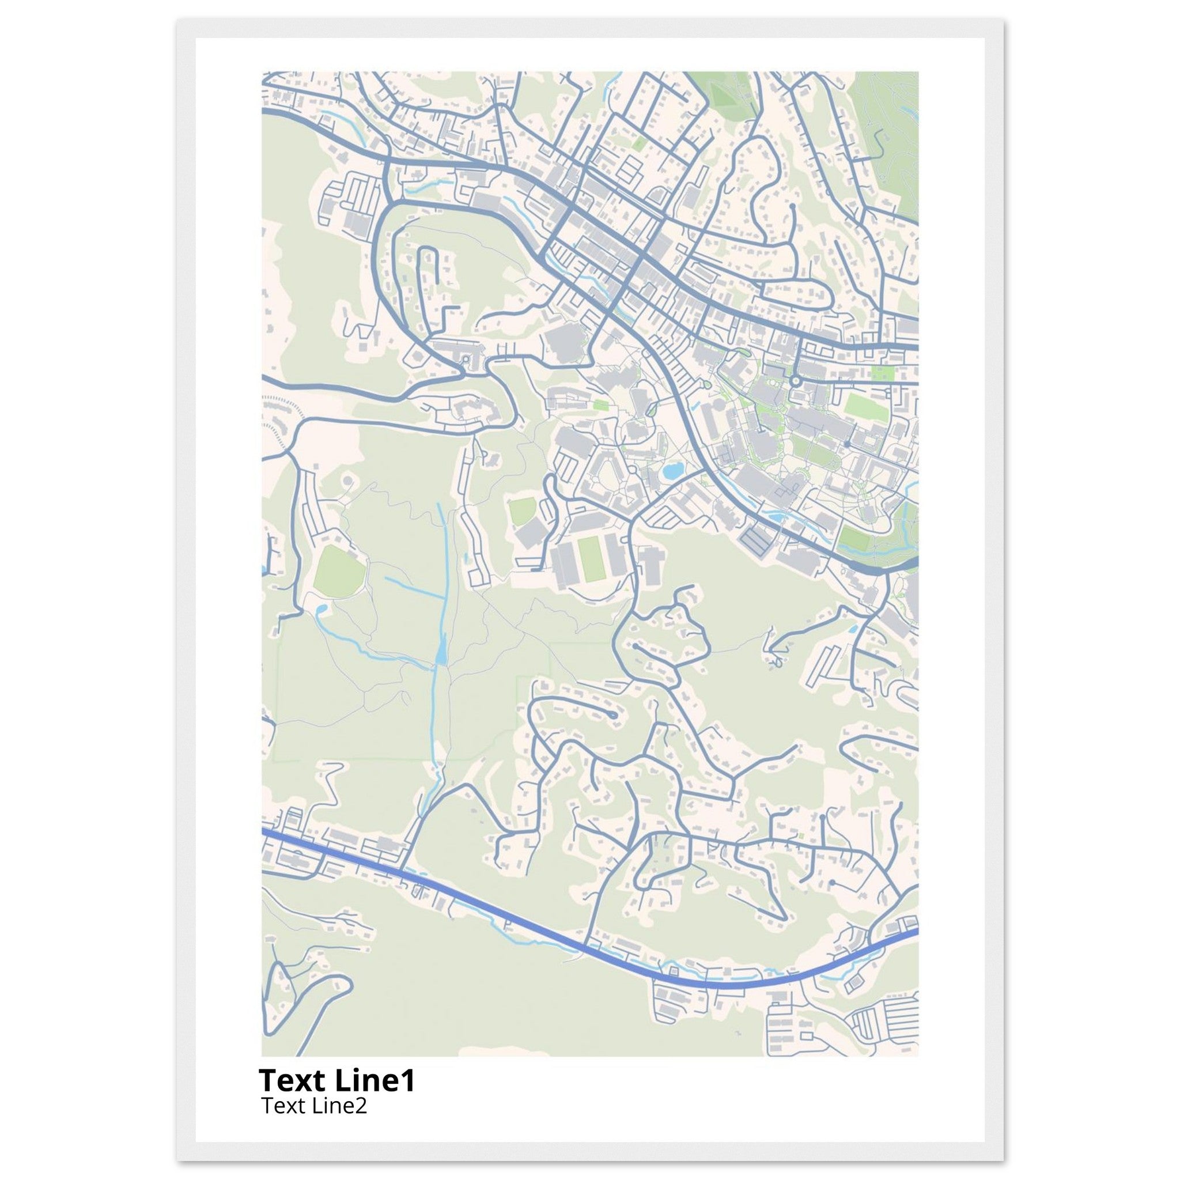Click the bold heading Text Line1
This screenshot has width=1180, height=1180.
[x=336, y=1080]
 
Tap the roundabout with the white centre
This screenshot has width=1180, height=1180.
[x=795, y=380]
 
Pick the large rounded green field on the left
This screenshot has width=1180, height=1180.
[x=339, y=572]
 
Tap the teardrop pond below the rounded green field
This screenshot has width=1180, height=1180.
[x=322, y=609]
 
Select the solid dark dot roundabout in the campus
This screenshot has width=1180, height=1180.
[x=848, y=444]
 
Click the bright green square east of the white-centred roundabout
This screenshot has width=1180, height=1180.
[x=881, y=373]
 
